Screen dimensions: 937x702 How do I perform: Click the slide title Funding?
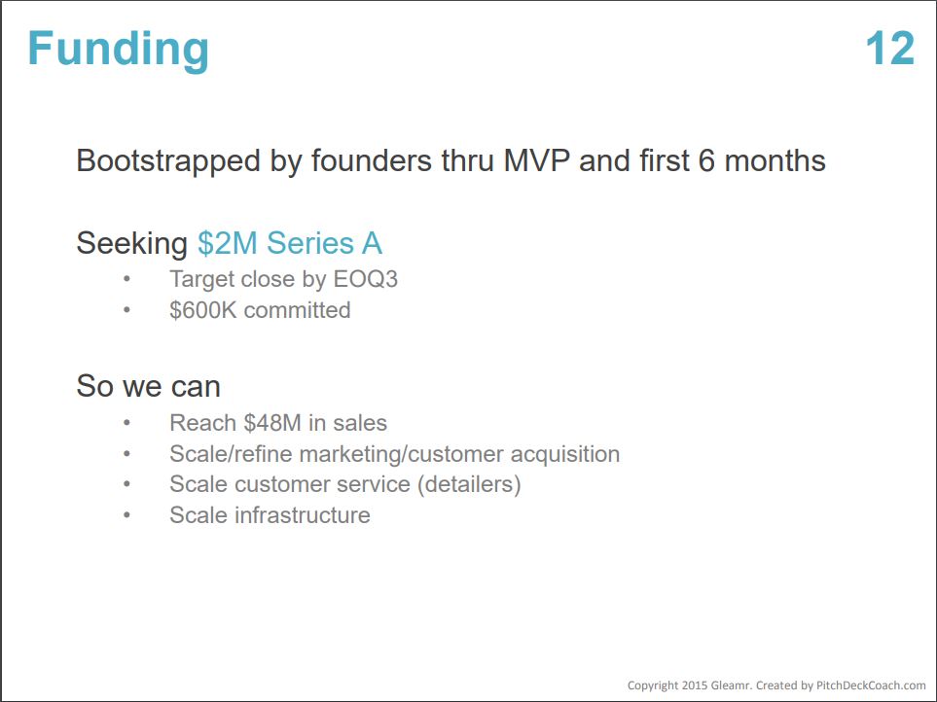coord(119,51)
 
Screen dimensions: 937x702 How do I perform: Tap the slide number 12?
coord(889,49)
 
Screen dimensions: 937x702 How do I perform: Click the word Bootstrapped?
coord(168,161)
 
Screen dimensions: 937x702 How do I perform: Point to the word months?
coord(775,160)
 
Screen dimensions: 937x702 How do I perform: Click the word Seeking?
coord(132,244)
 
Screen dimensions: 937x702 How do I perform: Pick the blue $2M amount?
coord(227,243)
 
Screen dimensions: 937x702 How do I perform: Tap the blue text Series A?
coord(324,243)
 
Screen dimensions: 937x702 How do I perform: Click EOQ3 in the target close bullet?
coord(365,279)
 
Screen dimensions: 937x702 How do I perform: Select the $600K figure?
coord(203,310)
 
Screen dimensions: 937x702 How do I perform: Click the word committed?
coord(297,310)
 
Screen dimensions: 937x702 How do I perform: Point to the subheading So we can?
coord(148,386)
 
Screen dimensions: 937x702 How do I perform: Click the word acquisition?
coord(565,455)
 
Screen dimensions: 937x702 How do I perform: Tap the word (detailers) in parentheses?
coord(469,484)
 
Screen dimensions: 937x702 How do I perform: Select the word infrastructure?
coord(303,515)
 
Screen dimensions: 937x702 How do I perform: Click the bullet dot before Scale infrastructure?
coord(126,514)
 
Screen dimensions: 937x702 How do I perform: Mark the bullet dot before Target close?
coord(126,279)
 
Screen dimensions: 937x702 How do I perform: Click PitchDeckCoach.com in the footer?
coord(871,685)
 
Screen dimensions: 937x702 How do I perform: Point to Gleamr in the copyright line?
coord(729,685)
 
